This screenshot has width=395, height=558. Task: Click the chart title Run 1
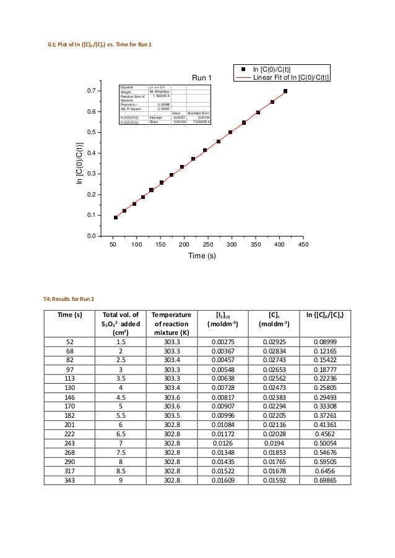pos(202,78)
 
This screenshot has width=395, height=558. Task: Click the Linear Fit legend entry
pos(290,77)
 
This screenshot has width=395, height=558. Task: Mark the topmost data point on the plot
pos(285,91)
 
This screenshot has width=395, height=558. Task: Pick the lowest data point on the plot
pos(115,218)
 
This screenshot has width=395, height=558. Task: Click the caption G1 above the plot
pos(100,45)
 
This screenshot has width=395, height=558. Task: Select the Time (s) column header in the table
pos(70,315)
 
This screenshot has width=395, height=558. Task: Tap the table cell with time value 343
pos(70,480)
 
